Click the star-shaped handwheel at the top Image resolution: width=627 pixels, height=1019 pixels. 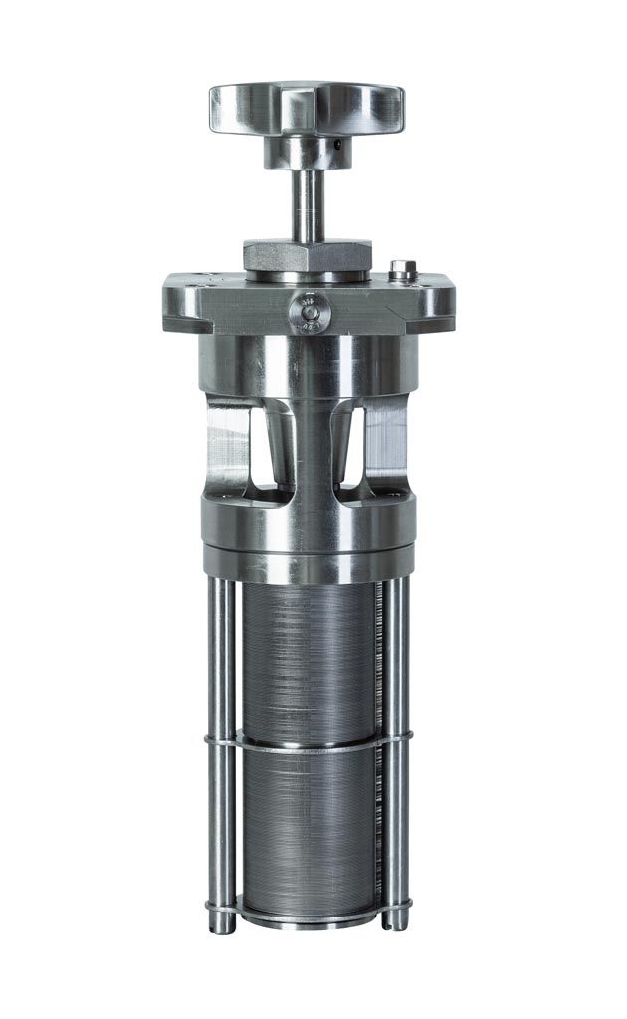coord(306,107)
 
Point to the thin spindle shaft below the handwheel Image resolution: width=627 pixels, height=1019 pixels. coord(307,204)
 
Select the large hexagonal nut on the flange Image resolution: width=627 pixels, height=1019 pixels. coord(308,255)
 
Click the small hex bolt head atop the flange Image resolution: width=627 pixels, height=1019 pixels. coord(402,268)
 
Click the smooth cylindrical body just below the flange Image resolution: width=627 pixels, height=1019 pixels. coord(308,363)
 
